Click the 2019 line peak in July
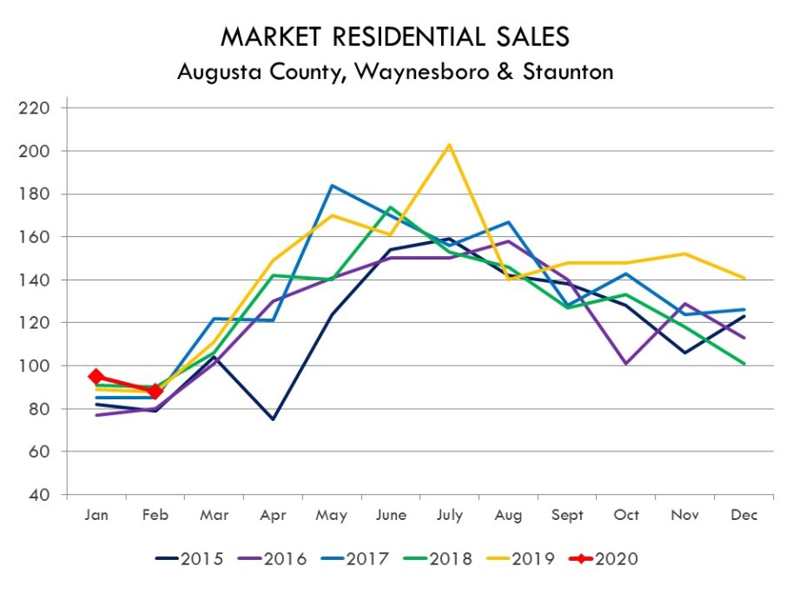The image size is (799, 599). pyautogui.click(x=449, y=144)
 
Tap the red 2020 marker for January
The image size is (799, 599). pyautogui.click(x=96, y=376)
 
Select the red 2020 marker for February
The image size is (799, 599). pyautogui.click(x=155, y=392)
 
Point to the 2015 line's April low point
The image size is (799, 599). pyautogui.click(x=273, y=419)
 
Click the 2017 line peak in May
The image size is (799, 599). pyautogui.click(x=332, y=185)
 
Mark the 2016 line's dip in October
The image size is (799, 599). pyautogui.click(x=626, y=364)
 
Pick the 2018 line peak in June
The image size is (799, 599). pyautogui.click(x=390, y=207)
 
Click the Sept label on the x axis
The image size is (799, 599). pyautogui.click(x=567, y=515)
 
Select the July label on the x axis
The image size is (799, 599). pyautogui.click(x=449, y=515)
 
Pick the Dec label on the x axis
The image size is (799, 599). pyautogui.click(x=743, y=515)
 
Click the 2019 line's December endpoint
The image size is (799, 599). pyautogui.click(x=743, y=278)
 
